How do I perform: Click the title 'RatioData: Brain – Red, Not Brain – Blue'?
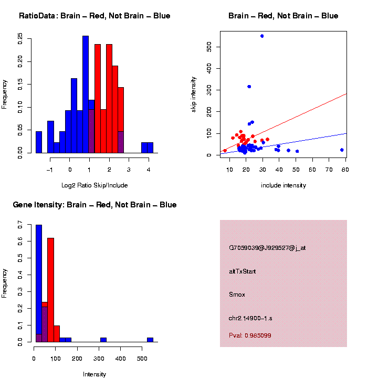point(94,16)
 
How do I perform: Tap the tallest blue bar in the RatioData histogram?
point(86,94)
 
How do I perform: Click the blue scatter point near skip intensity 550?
point(262,36)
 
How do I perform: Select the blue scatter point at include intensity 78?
point(342,150)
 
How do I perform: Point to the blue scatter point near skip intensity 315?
point(249,87)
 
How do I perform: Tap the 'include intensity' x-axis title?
point(283,185)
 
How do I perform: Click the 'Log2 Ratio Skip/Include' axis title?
point(94,185)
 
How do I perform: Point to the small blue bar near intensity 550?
point(150,340)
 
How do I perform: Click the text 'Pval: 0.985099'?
point(250,335)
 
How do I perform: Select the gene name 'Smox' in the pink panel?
point(237,295)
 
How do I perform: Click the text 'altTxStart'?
point(243,271)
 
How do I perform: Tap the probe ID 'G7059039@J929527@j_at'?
point(267,248)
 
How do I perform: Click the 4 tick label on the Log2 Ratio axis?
point(149,170)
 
